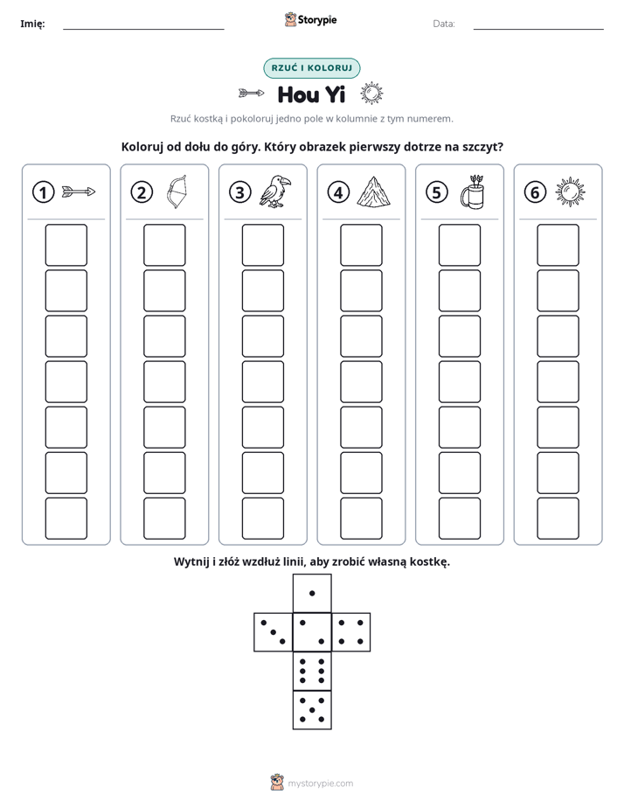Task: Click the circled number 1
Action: [43, 192]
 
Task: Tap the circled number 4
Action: [338, 192]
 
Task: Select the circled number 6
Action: [535, 192]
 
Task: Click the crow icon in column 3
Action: [275, 192]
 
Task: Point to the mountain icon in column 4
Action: [374, 192]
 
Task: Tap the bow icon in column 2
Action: [177, 192]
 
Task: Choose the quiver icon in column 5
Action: [473, 192]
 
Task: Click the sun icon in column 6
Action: [571, 192]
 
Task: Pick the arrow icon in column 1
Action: [79, 192]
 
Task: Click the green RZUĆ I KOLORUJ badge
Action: [312, 68]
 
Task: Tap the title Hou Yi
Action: [311, 94]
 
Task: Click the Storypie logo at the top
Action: [311, 20]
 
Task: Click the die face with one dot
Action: [312, 593]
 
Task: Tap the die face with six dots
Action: [312, 671]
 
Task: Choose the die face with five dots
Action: [312, 709]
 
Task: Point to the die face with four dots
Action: [351, 632]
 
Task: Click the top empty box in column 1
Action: [66, 245]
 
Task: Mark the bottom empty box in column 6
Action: [558, 519]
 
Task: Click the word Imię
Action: [32, 24]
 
